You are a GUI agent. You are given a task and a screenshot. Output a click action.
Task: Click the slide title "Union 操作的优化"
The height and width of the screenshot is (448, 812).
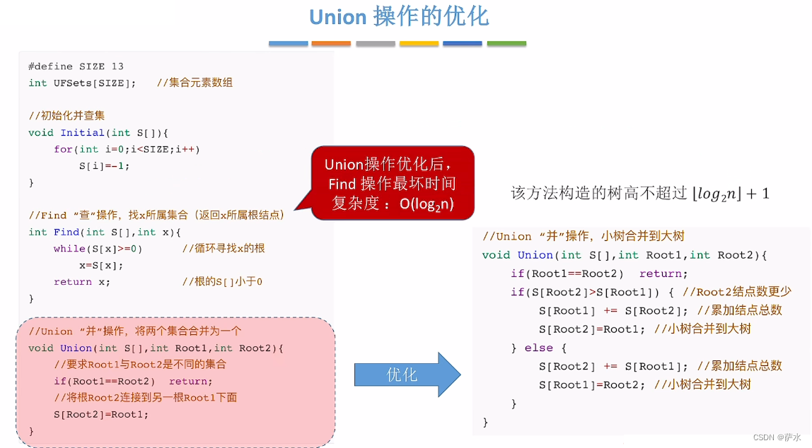pos(399,17)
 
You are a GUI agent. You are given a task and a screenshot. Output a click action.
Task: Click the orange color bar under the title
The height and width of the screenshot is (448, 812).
pos(331,44)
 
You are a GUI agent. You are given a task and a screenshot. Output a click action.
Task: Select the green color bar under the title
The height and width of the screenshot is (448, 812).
pos(506,44)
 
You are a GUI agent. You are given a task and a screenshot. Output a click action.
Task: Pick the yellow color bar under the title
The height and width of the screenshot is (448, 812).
pos(419,44)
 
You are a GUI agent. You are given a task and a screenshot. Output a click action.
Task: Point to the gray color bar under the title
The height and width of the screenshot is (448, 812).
pos(375,44)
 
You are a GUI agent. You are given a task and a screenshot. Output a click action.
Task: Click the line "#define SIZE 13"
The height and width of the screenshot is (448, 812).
pos(76,66)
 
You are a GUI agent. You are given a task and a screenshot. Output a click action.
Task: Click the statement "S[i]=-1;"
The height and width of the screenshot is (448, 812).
pos(105,166)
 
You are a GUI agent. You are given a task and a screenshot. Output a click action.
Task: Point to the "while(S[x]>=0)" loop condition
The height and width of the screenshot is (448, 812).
pos(98,249)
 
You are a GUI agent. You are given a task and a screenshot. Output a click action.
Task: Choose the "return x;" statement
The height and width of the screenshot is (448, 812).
pos(82,282)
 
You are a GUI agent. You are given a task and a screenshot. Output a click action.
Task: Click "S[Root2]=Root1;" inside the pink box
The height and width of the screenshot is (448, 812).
pos(101,414)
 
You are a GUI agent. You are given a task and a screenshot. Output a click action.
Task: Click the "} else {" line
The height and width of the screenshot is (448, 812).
pos(539,348)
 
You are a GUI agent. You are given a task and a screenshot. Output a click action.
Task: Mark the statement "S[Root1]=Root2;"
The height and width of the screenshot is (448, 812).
pos(593,384)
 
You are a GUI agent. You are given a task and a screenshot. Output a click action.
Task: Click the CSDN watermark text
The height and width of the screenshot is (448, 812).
pos(777,437)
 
